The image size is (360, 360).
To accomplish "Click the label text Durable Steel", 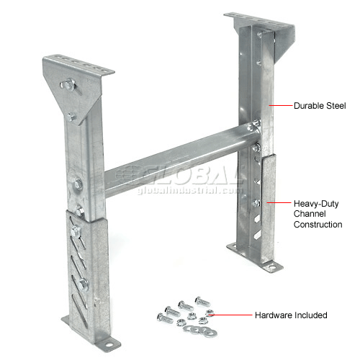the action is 320,106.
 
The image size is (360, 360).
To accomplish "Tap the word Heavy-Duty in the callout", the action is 316,204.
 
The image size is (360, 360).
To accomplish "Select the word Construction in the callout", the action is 318,225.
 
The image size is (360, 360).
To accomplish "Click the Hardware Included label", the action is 291,315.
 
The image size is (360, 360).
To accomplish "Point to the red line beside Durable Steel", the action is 281,105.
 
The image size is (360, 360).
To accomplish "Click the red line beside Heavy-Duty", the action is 279,203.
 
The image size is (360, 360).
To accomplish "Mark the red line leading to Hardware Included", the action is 230,315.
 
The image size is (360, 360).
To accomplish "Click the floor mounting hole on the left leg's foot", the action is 109,345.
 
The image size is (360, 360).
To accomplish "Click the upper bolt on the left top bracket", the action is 68,84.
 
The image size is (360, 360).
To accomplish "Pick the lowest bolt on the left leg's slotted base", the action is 83,284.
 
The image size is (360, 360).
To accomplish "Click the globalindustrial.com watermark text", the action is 190,191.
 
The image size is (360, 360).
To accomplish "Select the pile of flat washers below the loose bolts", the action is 200,330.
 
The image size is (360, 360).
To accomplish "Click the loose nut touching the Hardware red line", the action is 210,312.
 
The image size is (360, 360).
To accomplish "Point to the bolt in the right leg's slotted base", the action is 256,203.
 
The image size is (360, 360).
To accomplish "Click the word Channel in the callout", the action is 310,214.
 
